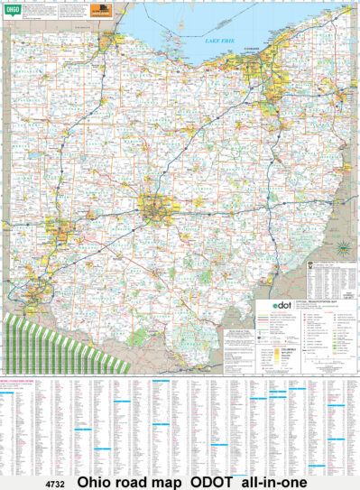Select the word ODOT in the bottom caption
(x=211, y=482)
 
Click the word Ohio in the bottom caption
(x=97, y=482)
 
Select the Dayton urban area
(x=61, y=233)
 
